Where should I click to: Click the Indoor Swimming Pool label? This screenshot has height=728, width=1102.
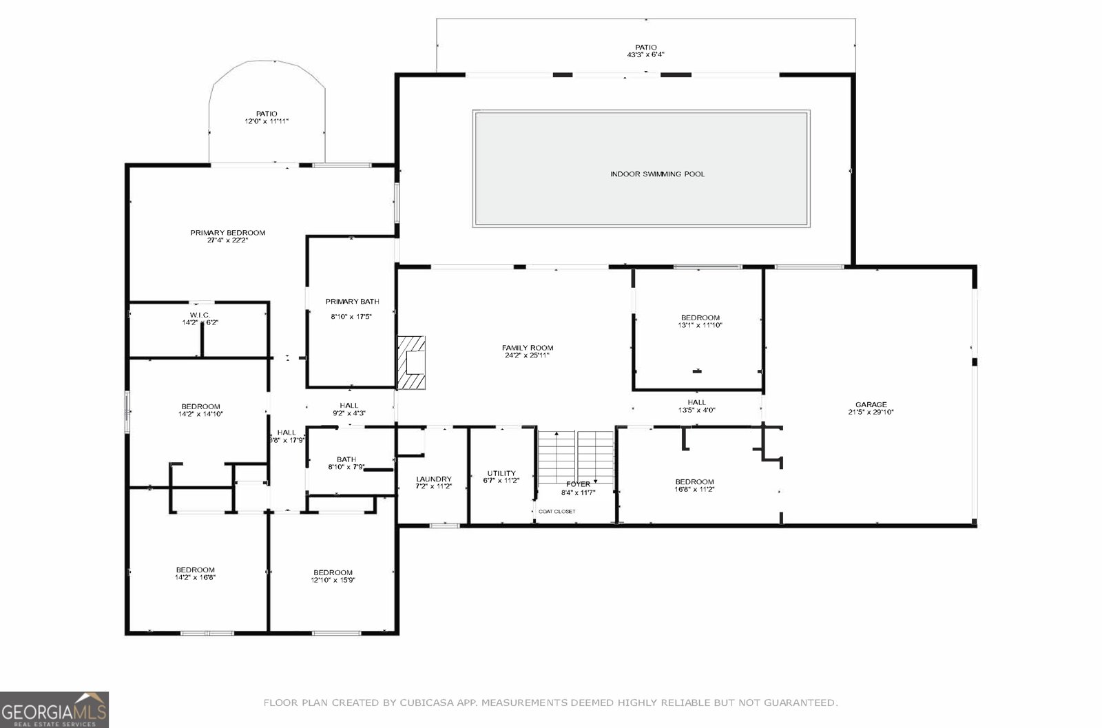[657, 174]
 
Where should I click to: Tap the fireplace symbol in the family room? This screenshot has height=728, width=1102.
[411, 363]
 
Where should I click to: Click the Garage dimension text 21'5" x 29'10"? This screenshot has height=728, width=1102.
[871, 413]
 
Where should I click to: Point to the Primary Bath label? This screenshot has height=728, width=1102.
[352, 302]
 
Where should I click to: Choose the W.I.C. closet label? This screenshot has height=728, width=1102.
[200, 315]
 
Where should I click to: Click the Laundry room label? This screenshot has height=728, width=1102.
[433, 479]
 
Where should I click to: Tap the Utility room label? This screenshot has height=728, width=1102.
[501, 473]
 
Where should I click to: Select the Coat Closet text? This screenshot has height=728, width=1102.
[557, 511]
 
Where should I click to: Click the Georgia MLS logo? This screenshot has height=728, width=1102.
[54, 709]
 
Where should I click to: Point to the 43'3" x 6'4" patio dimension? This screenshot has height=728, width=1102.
[645, 54]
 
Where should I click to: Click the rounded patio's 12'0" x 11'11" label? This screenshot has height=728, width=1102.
[267, 121]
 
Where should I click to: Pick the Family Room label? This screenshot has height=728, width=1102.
[527, 349]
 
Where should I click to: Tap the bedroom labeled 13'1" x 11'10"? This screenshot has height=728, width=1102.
[700, 322]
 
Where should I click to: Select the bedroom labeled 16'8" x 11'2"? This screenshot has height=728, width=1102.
[694, 486]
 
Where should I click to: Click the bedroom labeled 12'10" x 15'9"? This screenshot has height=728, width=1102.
[333, 576]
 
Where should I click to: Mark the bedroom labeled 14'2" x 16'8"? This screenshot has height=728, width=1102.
[195, 574]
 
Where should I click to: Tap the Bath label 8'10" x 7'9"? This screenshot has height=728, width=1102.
[346, 464]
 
